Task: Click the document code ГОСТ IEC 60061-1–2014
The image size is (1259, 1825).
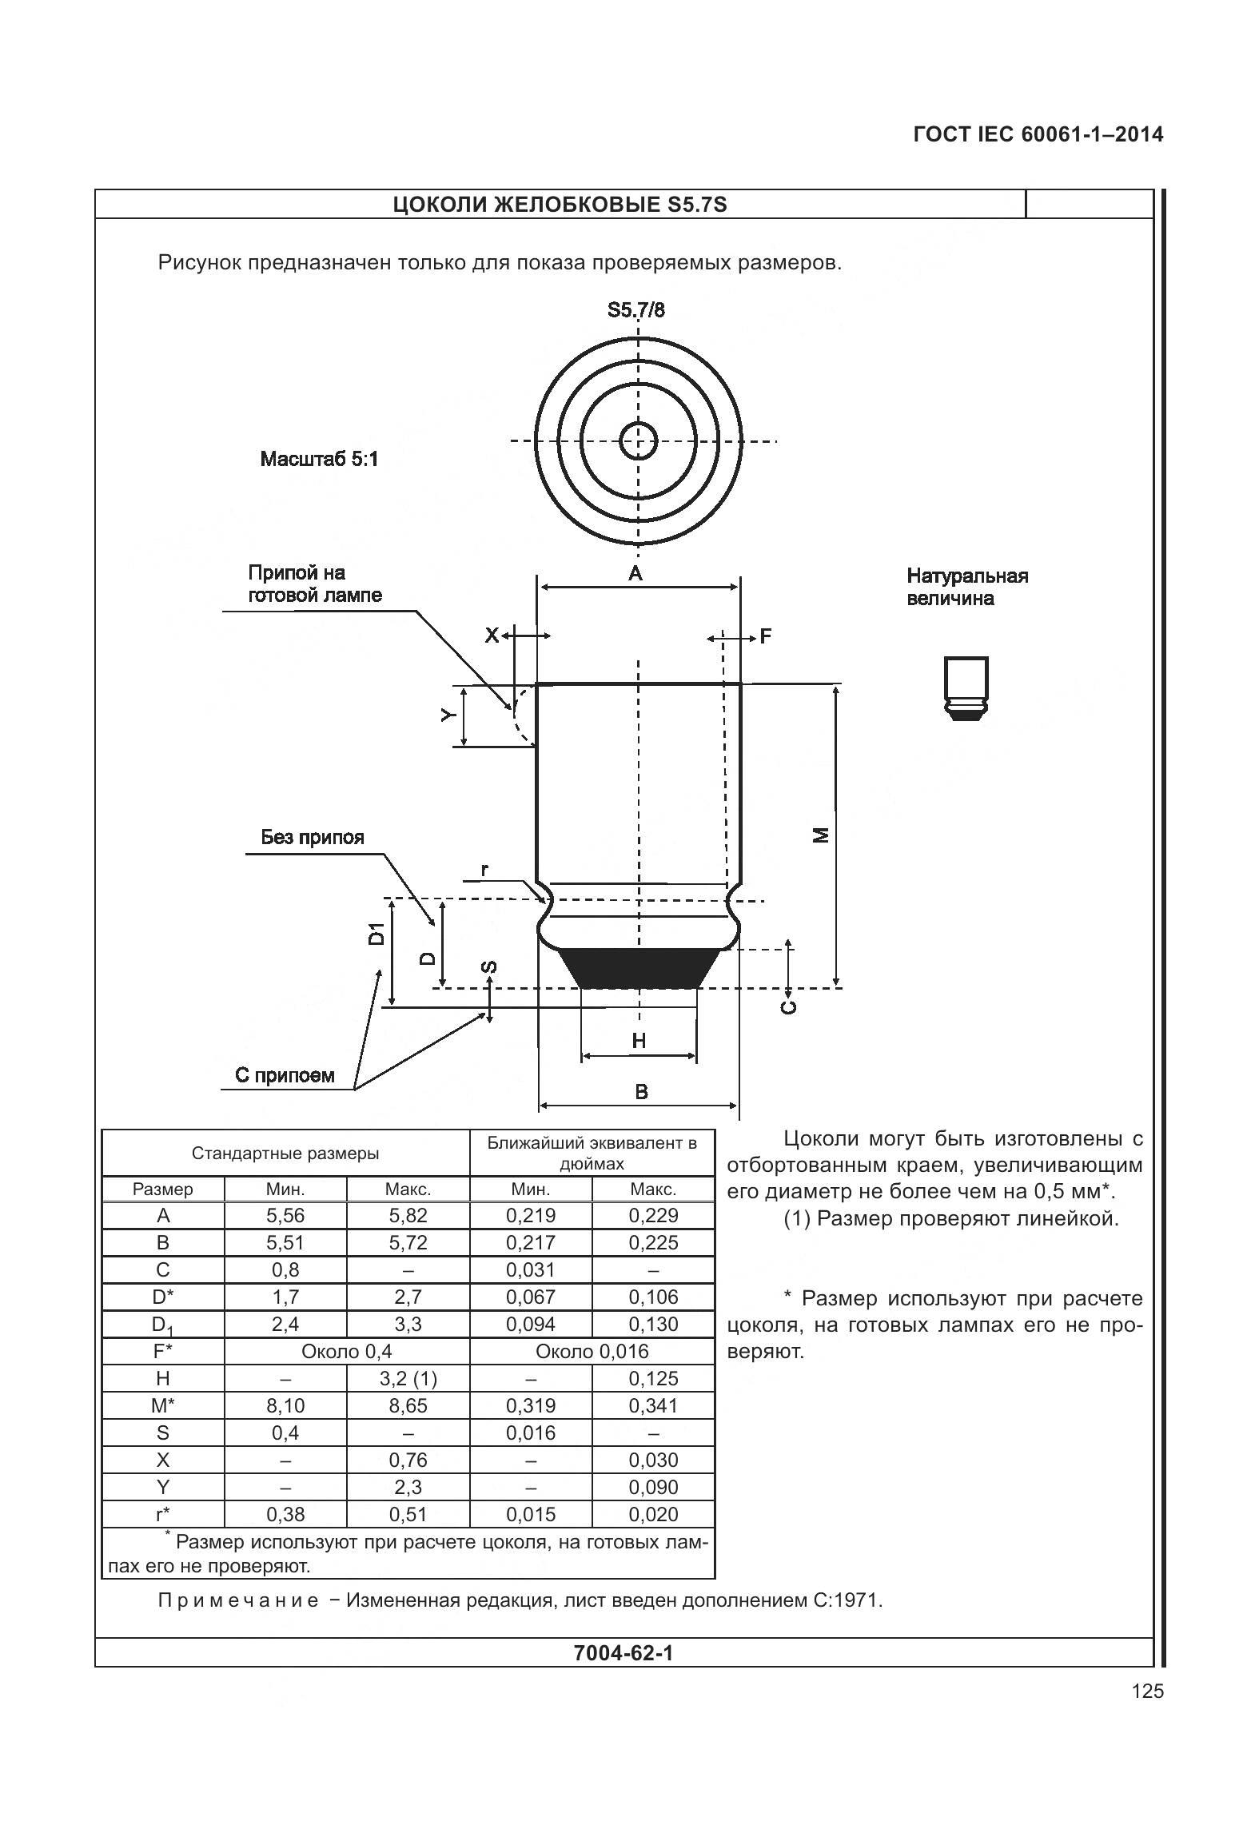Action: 1038,134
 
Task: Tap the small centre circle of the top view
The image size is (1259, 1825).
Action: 639,440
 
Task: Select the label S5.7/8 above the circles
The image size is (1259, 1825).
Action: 635,310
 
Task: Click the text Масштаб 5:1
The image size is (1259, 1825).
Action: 319,460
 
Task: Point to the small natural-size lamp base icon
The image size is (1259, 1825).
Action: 966,688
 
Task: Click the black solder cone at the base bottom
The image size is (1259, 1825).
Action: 639,967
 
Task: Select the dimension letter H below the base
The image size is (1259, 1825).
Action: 639,1040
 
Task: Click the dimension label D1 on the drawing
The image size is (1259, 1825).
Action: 376,933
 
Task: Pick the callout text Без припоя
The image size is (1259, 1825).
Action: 313,838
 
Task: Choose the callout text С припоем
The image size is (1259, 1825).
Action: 285,1075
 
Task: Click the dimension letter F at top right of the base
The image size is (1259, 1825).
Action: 765,636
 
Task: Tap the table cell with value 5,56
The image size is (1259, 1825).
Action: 285,1216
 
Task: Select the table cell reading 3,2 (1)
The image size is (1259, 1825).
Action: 408,1379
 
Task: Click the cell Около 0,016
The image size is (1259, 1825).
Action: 592,1352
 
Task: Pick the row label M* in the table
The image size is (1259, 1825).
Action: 163,1406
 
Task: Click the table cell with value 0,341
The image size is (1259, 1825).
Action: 653,1406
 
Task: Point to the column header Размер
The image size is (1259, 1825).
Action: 163,1189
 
